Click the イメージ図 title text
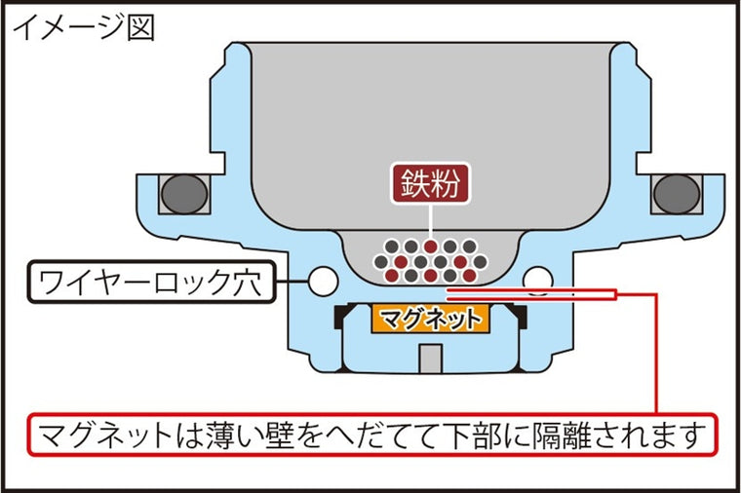(84, 27)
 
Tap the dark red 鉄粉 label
(430, 183)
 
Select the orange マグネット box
(431, 319)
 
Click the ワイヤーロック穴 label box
(151, 282)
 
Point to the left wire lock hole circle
(324, 282)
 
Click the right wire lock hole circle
(538, 281)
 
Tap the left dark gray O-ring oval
(184, 194)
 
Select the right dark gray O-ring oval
(677, 194)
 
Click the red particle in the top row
(430, 246)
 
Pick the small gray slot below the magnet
(431, 359)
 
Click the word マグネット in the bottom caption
(105, 435)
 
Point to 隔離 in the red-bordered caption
(563, 435)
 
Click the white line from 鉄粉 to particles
(431, 222)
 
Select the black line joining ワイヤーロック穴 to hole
(292, 282)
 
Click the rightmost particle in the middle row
(479, 261)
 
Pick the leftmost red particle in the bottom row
(391, 276)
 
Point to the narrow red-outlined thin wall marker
(531, 294)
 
